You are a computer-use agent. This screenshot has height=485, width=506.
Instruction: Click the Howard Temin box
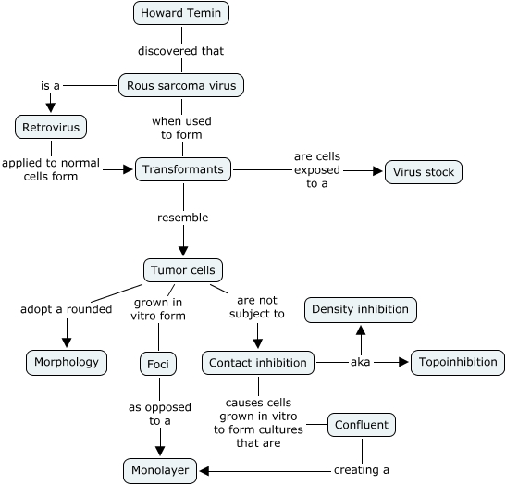[x=181, y=13]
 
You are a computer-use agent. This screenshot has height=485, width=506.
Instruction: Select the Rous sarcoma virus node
[x=181, y=85]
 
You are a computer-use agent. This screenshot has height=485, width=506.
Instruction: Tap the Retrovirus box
[x=51, y=127]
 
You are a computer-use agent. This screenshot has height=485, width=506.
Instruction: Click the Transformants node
[x=183, y=169]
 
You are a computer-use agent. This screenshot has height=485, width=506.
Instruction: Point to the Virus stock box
[x=424, y=172]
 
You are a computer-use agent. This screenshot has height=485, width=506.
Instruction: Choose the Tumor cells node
[x=183, y=270]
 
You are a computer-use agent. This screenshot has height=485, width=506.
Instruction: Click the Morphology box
[x=67, y=362]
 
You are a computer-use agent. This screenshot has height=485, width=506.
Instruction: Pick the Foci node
[x=158, y=364]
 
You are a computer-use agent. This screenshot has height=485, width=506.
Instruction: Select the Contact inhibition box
[x=258, y=363]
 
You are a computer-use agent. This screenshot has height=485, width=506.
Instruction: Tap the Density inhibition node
[x=361, y=310]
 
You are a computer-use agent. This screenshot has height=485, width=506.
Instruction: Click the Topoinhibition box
[x=458, y=362]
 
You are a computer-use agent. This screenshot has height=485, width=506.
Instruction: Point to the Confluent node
[x=362, y=425]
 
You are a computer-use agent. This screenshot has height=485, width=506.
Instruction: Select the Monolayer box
[x=160, y=471]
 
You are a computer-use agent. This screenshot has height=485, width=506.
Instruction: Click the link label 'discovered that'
[x=180, y=51]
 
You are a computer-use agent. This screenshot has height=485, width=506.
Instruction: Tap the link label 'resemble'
[x=182, y=218]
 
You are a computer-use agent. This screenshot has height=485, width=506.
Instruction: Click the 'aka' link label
[x=360, y=362]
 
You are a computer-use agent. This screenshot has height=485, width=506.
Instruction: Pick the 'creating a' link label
[x=362, y=470]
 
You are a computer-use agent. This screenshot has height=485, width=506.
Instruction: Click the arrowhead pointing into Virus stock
[x=377, y=171]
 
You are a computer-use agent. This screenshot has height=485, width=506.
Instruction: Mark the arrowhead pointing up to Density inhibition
[x=361, y=330]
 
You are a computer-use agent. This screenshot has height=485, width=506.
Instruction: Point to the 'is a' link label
[x=50, y=86]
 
